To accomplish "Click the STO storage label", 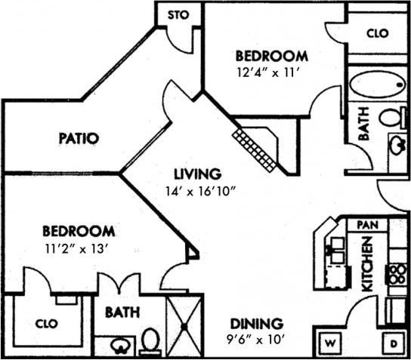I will pyautogui.click(x=178, y=14).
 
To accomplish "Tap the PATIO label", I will pyautogui.click(x=79, y=138).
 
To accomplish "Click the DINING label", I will pyautogui.click(x=258, y=322).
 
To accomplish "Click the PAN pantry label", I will pyautogui.click(x=367, y=224).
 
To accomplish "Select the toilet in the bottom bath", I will pyautogui.click(x=150, y=341).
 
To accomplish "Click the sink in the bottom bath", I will pyautogui.click(x=120, y=346).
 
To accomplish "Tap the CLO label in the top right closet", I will pyautogui.click(x=377, y=33).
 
